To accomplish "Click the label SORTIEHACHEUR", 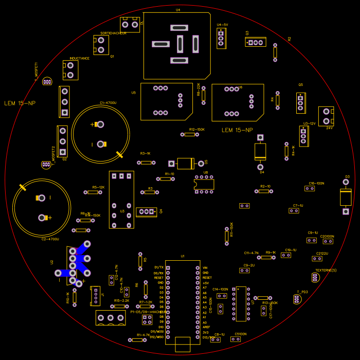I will [113, 33].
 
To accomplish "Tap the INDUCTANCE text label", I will [79, 58].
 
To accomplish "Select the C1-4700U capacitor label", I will [108, 103].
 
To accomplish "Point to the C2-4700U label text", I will [50, 239].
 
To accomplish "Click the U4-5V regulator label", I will [222, 24].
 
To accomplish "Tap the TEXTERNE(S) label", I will [326, 270].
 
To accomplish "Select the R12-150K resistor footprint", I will [190, 134].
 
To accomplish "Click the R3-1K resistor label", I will [145, 153].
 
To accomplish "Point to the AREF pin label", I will [206, 327].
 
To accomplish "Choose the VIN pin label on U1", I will [205, 267].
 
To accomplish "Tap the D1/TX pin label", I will [158, 267].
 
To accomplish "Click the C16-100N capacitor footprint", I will [310, 189].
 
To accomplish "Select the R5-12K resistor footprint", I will [93, 192].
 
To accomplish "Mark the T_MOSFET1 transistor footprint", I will [47, 81].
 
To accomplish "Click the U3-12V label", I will [309, 123].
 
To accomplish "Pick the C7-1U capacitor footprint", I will [294, 210].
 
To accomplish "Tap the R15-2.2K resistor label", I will [122, 300].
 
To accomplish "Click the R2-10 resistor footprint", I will [264, 191].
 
